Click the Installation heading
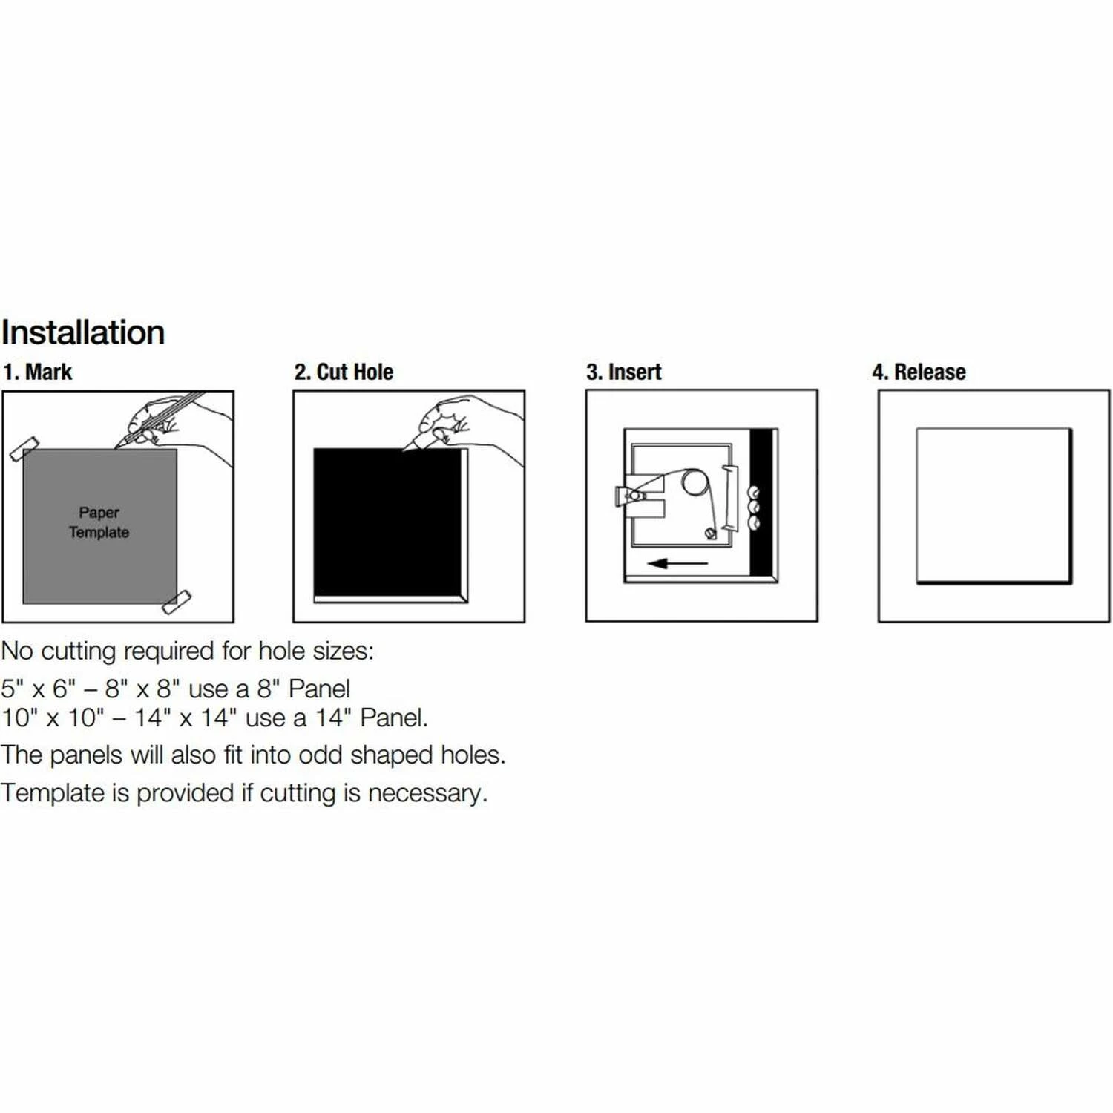[83, 332]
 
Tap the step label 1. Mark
[38, 372]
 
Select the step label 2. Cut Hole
[344, 372]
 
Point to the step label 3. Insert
[624, 372]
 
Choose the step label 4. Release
[919, 372]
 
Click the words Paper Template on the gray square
[99, 522]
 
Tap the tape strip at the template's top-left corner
[24, 449]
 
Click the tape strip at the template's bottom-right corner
[177, 602]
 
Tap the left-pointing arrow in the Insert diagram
[677, 563]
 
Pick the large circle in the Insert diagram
[695, 482]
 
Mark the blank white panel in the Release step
[994, 505]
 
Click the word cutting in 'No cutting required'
[89, 651]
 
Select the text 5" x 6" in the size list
[39, 689]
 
